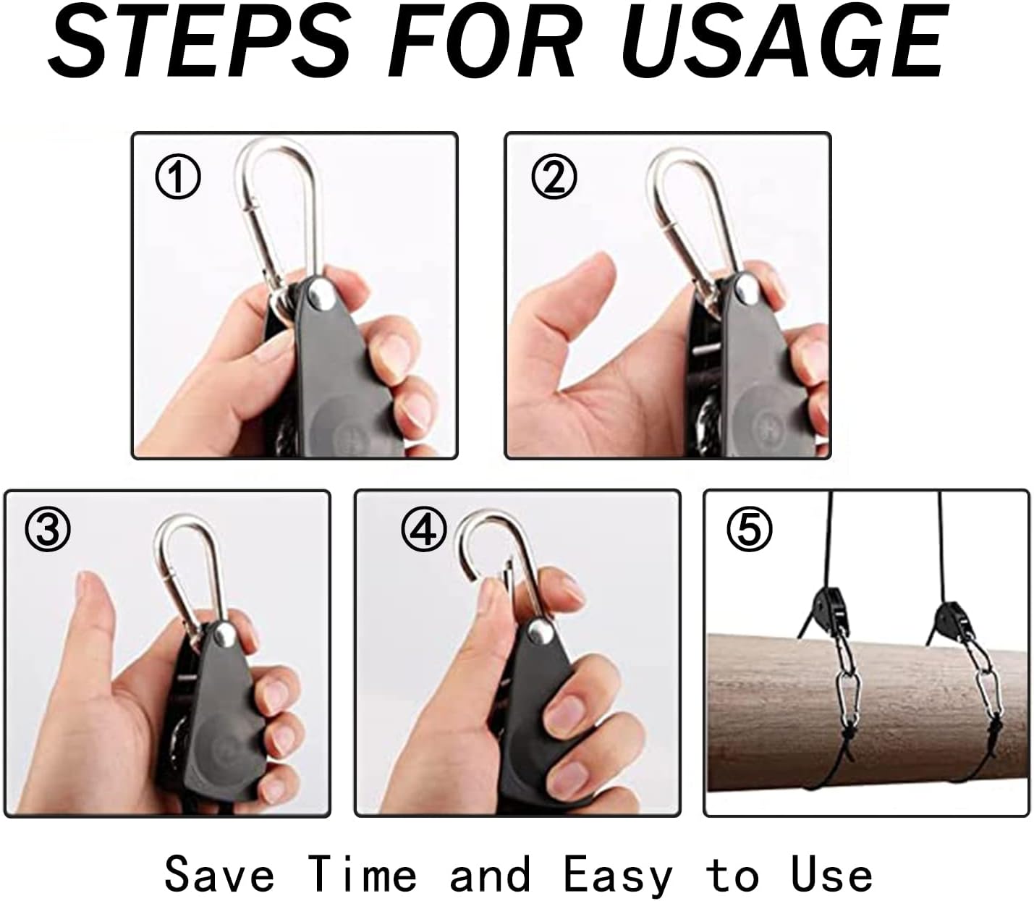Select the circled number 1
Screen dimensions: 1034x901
pyautogui.click(x=178, y=177)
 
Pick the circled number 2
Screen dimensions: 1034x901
pyautogui.click(x=554, y=177)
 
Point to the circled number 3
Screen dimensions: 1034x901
pyautogui.click(x=48, y=530)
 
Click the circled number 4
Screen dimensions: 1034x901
pyautogui.click(x=424, y=530)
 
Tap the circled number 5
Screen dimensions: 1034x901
pyautogui.click(x=750, y=530)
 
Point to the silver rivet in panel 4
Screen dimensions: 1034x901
pyautogui.click(x=540, y=633)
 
